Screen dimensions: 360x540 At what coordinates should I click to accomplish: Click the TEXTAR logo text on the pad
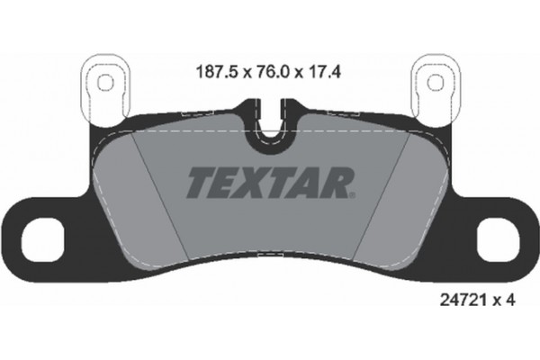click(x=269, y=183)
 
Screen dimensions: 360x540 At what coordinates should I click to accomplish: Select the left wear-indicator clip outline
click(x=103, y=86)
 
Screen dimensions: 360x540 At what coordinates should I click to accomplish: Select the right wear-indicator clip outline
click(x=436, y=86)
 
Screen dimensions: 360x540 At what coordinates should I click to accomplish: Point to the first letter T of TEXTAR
click(x=199, y=183)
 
